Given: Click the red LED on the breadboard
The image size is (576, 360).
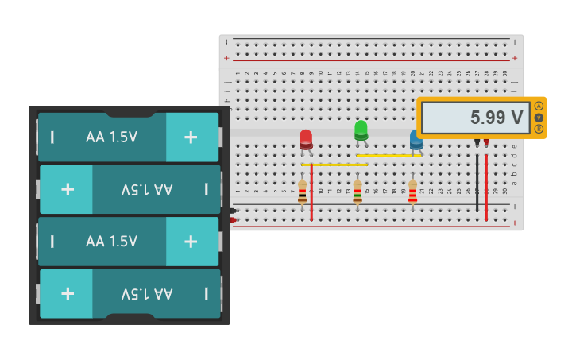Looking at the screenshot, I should (x=306, y=139).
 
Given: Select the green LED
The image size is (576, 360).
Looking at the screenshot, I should (x=361, y=130).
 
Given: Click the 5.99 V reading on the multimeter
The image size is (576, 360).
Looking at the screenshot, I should (x=475, y=118).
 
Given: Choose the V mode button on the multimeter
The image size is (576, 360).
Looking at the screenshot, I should (x=539, y=118).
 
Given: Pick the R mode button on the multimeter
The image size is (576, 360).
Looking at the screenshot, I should (x=539, y=129).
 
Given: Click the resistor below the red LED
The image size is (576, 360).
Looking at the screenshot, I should (x=303, y=192).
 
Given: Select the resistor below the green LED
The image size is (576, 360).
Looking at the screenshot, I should (x=358, y=192).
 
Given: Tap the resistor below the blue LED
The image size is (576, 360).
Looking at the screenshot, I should (x=412, y=192).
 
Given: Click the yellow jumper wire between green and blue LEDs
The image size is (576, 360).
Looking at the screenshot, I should (x=389, y=156).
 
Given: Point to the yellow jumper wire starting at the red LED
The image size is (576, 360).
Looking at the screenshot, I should (x=334, y=165).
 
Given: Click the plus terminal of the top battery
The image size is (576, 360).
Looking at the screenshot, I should (x=191, y=137).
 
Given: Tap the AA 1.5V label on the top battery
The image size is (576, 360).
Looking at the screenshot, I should (x=111, y=137).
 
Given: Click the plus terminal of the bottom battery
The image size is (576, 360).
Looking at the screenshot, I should (x=68, y=293).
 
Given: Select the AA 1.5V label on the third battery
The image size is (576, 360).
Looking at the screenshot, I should (x=111, y=242).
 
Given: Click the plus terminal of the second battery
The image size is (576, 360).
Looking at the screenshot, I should (x=68, y=189).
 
